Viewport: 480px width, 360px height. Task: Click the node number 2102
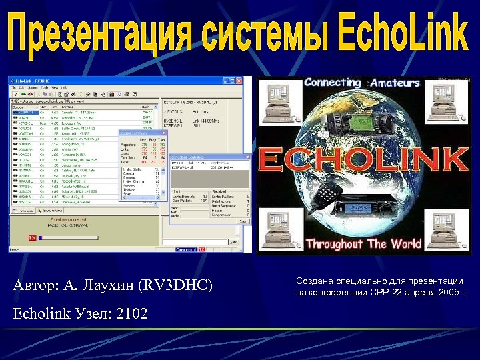coord(131,313)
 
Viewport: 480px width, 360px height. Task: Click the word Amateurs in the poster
coord(395,83)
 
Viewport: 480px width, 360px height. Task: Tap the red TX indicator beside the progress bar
coord(32,238)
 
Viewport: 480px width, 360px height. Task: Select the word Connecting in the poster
coord(332,83)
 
